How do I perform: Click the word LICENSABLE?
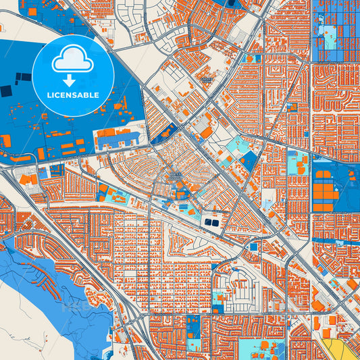tap(73, 95)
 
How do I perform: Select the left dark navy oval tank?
tap(207, 222)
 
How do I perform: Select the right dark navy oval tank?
tap(215, 222)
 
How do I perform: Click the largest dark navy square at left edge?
tap(6, 91)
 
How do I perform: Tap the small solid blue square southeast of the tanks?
tap(253, 247)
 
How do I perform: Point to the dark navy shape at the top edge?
tap(235, 3)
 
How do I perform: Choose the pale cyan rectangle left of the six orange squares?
tap(297, 164)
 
